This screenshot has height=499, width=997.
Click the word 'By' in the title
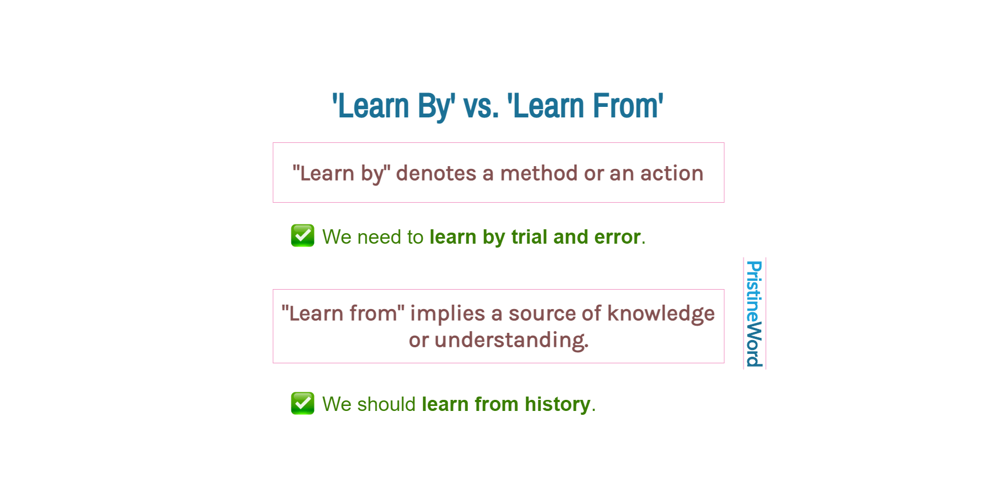coord(436,106)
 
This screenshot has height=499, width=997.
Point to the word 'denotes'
coord(436,173)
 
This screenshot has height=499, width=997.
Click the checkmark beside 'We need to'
coord(303,235)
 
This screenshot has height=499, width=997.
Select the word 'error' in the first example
coord(617,237)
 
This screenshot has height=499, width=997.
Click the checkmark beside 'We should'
coord(303,403)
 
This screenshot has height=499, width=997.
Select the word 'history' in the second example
coord(557,404)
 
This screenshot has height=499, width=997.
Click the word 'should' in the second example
coord(386,404)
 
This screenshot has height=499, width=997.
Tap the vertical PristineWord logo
coord(754,313)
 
